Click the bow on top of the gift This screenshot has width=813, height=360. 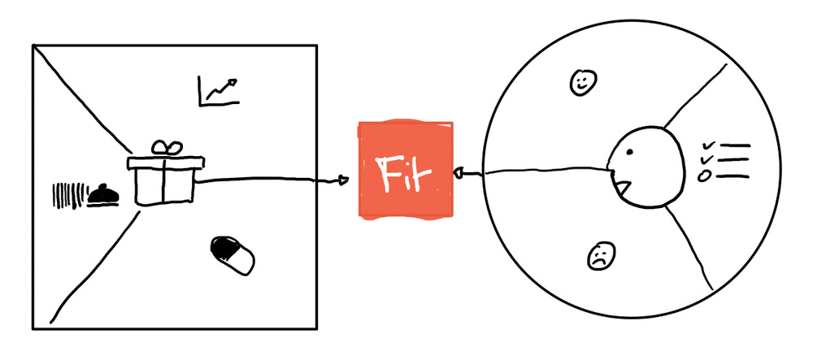[x=169, y=147]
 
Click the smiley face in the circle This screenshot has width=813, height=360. [x=583, y=82]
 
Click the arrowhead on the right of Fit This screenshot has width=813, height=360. [x=459, y=173]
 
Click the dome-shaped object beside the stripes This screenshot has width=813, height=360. [x=102, y=195]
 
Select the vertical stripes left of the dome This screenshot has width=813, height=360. [x=66, y=195]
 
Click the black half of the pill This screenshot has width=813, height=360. [x=223, y=246]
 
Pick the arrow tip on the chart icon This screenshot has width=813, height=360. [x=236, y=80]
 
